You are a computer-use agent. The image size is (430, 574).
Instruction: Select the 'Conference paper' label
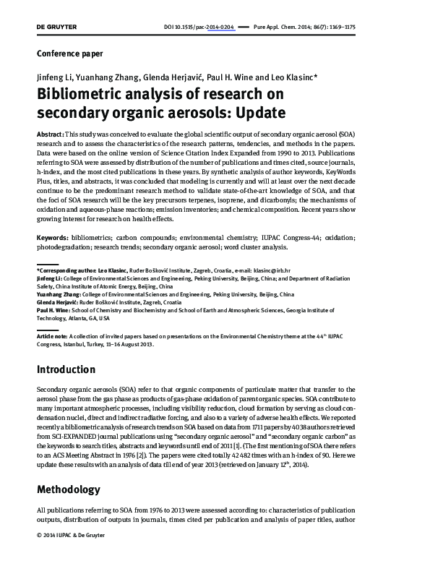pyautogui.click(x=69, y=53)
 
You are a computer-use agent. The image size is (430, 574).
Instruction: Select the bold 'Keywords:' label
pyautogui.click(x=53, y=238)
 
